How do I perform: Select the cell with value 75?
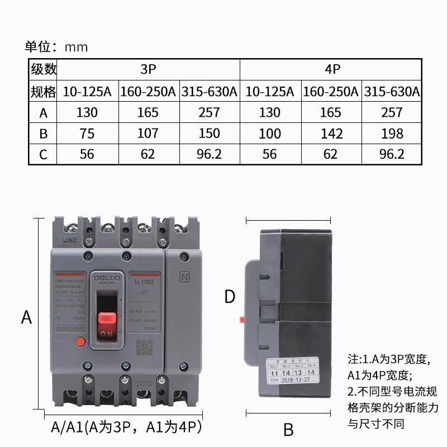87,133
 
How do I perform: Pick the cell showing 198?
391,133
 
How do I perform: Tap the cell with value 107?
148,133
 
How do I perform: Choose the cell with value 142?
331,133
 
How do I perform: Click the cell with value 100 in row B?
270,133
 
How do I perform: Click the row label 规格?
44,91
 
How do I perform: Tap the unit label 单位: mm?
56,46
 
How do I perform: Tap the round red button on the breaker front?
80,341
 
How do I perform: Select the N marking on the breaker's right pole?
183,277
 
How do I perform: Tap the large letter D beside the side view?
230,297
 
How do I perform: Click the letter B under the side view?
288,429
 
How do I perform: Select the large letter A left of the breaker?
26,317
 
